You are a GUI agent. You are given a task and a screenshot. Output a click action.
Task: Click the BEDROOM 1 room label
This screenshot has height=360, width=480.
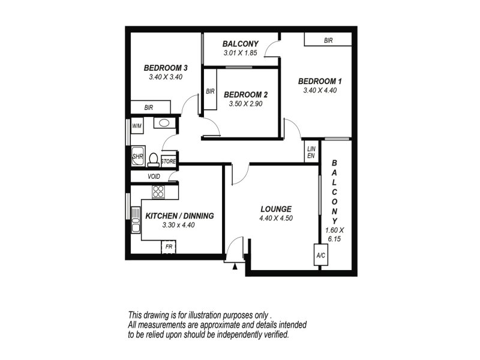pyautogui.click(x=320, y=81)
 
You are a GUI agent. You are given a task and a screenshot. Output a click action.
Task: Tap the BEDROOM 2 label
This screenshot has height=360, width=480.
pyautogui.click(x=245, y=95)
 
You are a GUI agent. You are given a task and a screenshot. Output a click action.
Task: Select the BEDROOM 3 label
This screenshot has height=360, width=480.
pyautogui.click(x=166, y=68)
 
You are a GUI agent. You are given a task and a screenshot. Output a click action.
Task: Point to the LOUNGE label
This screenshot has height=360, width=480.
pyautogui.click(x=276, y=209)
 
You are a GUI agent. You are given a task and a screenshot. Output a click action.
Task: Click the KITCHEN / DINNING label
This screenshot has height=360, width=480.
pyautogui.click(x=179, y=216)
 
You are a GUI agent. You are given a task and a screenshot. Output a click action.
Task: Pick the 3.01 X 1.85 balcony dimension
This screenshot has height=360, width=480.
pyautogui.click(x=241, y=53)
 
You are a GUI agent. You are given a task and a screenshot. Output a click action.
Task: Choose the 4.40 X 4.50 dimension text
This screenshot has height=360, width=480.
pyautogui.click(x=276, y=218)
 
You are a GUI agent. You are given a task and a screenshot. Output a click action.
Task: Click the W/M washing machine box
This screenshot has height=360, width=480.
pyautogui.click(x=137, y=125)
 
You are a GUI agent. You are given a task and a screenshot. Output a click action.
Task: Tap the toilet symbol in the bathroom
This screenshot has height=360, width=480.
pyautogui.click(x=154, y=160)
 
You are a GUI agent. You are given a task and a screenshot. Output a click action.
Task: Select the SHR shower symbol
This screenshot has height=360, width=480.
pyautogui.click(x=138, y=156)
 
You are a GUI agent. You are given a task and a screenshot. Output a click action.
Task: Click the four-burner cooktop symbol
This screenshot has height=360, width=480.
pyautogui.click(x=158, y=192)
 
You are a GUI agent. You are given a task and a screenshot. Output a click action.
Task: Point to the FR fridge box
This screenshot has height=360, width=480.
pyautogui.click(x=169, y=247)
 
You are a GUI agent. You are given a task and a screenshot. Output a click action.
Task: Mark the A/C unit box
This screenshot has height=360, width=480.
pyautogui.click(x=320, y=254)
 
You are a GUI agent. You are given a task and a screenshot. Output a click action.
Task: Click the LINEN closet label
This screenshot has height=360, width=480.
pyautogui.click(x=311, y=152)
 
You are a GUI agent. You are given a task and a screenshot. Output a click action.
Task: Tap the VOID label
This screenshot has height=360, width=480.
pyautogui.click(x=154, y=176)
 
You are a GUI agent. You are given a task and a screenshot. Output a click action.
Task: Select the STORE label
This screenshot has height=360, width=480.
pyautogui.click(x=169, y=161)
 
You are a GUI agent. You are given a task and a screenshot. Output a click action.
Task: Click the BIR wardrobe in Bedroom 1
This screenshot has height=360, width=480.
pyautogui.click(x=328, y=40)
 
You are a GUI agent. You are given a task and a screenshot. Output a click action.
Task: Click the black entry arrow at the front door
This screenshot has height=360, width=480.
pyautogui.click(x=235, y=266)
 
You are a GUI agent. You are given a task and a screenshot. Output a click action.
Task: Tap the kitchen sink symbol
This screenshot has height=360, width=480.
pyautogui.click(x=136, y=220)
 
